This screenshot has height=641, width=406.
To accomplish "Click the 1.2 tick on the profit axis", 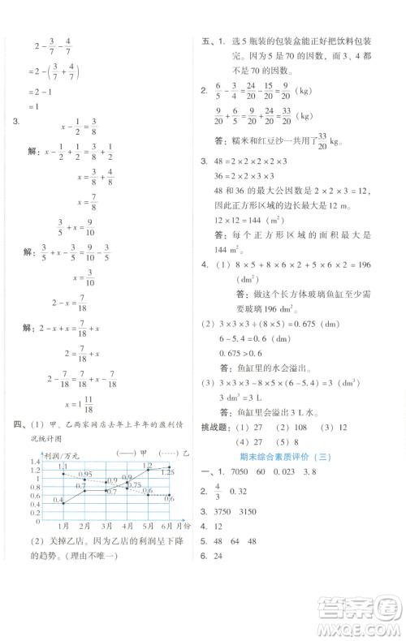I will pyautogui.click(x=36, y=461).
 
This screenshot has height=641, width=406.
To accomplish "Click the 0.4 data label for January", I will pyautogui.click(x=58, y=501).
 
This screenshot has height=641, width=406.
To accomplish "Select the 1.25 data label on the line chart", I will pyautogui.click(x=168, y=471).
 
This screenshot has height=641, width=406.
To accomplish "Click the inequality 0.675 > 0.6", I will pyautogui.click(x=239, y=329).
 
